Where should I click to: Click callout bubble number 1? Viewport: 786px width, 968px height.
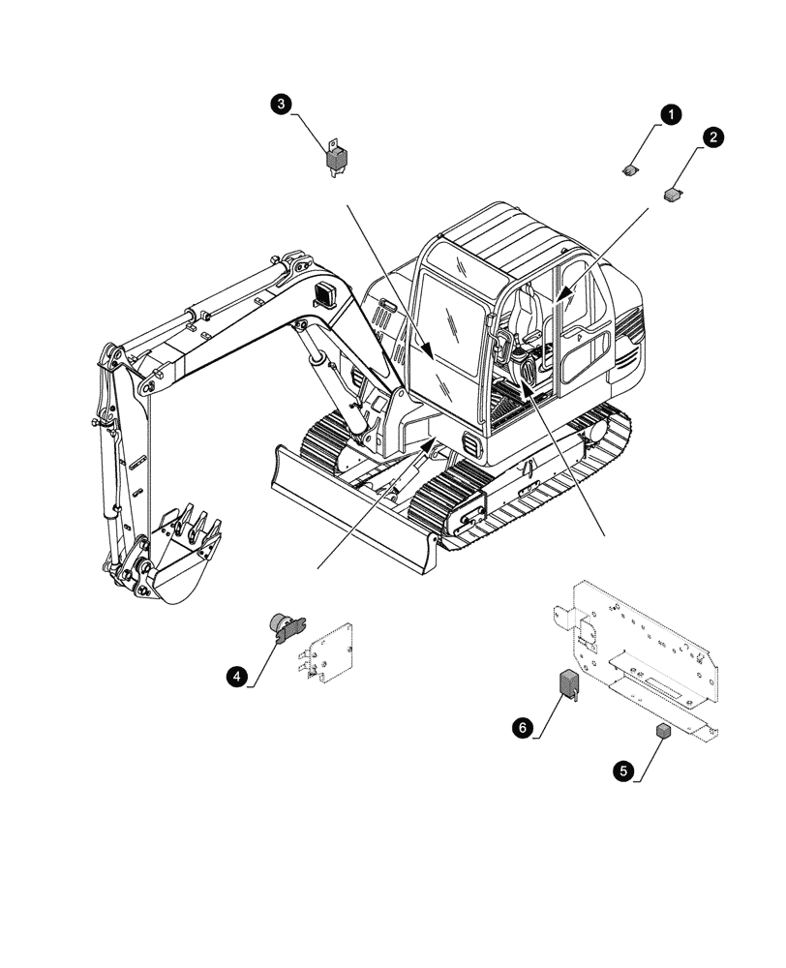click(669, 114)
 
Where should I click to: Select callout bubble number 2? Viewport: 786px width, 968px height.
click(711, 137)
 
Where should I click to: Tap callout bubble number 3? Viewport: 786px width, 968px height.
click(281, 103)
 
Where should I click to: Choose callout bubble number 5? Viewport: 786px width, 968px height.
click(621, 771)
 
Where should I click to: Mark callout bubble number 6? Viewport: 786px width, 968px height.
click(522, 727)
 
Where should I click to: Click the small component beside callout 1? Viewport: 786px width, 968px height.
click(630, 171)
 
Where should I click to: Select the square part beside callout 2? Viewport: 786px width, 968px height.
click(673, 194)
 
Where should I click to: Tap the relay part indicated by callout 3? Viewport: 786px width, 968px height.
click(335, 156)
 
